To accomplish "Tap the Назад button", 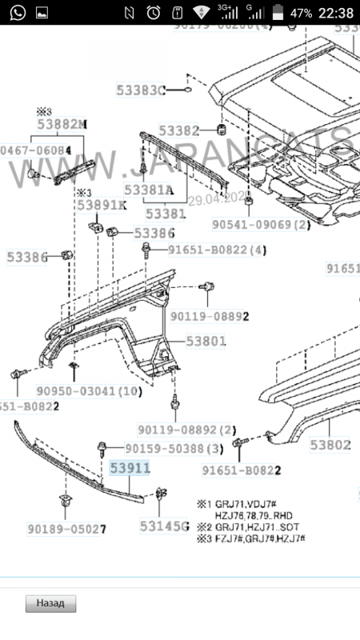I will click(x=50, y=602).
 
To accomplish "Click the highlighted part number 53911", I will click(x=130, y=470).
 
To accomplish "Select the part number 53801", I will click(x=206, y=341).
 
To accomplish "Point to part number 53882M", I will click(x=62, y=124).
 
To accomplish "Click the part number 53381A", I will click(x=149, y=190).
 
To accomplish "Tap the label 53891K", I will click(x=102, y=205).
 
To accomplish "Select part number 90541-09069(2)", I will click(x=261, y=224).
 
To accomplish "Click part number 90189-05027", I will click(x=69, y=529).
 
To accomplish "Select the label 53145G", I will click(x=164, y=526).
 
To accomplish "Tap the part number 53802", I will click(x=330, y=445).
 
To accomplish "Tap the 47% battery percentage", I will click(x=301, y=13).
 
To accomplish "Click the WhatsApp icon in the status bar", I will click(x=17, y=13).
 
